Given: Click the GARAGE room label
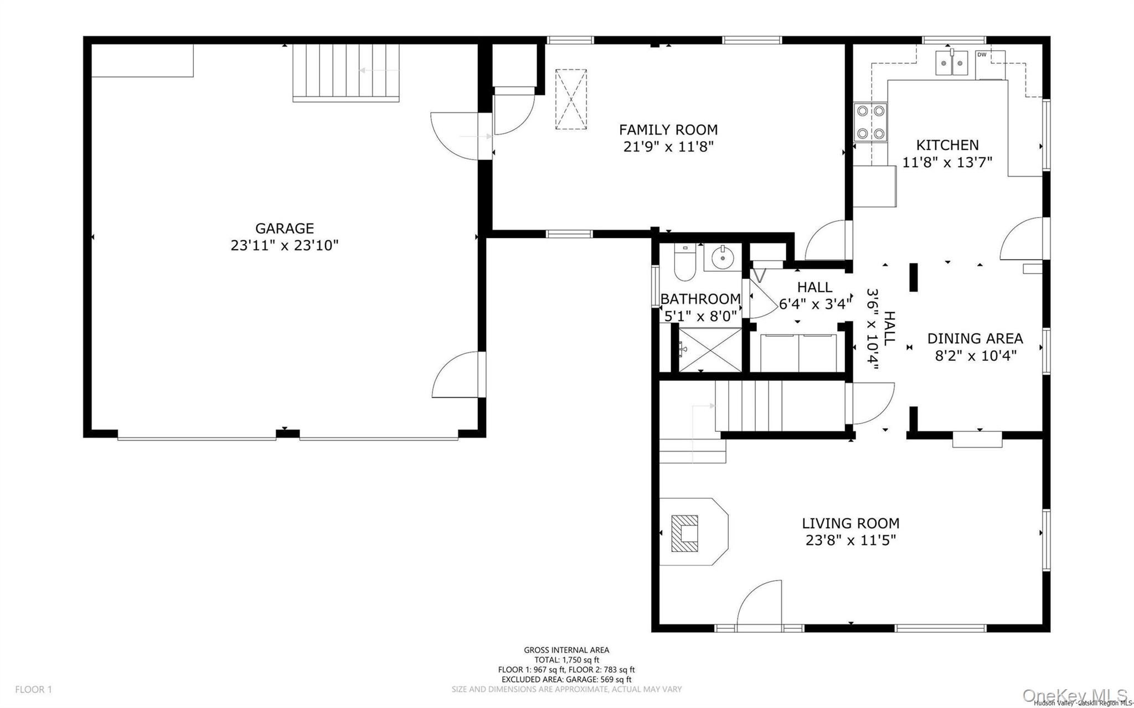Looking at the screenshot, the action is [x=284, y=228].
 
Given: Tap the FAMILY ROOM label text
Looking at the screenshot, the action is [x=668, y=130].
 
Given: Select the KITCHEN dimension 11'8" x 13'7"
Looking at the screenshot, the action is [x=947, y=162].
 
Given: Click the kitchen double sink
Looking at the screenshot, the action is [x=952, y=63].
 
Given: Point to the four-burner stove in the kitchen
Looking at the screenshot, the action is [x=870, y=122].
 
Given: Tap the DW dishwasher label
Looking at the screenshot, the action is [x=982, y=54].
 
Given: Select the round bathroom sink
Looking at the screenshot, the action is [x=723, y=257].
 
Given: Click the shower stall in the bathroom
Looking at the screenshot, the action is [x=710, y=350].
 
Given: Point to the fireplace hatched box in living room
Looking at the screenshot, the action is [x=684, y=533].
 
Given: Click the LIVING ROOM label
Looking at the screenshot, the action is [x=850, y=523].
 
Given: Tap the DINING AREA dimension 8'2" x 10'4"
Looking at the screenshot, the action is [x=976, y=355].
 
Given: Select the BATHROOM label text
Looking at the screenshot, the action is [x=700, y=299].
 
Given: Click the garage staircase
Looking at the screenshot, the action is [x=346, y=73].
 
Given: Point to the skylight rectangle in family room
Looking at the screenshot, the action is [x=571, y=99].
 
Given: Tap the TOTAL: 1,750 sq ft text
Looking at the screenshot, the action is [x=566, y=660].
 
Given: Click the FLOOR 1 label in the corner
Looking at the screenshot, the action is [x=33, y=689].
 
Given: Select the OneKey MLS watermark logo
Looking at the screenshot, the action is [x=1075, y=695].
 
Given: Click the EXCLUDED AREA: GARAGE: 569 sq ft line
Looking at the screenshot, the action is [x=566, y=679].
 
